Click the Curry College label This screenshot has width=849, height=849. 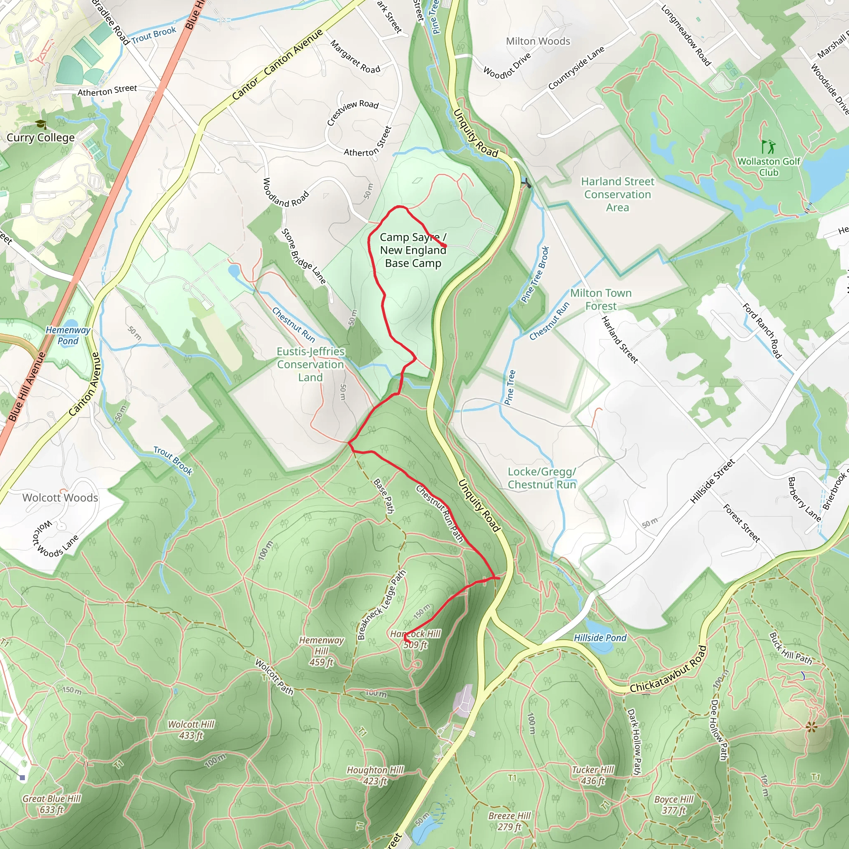click(x=41, y=138)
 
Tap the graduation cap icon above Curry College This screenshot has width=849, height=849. click(x=41, y=124)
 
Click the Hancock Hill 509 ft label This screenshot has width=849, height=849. click(x=415, y=639)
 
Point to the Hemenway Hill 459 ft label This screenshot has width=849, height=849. click(x=321, y=651)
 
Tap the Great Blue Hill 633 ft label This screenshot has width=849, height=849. click(x=51, y=804)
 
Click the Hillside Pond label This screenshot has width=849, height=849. click(x=600, y=638)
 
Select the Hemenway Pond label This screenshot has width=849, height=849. click(x=68, y=335)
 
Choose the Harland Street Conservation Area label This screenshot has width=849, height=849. click(x=617, y=194)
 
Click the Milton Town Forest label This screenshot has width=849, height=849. click(x=601, y=299)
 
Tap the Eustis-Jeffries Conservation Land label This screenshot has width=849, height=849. click(x=310, y=364)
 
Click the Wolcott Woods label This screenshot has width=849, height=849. click(x=60, y=497)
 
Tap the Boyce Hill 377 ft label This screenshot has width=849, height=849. click(x=674, y=805)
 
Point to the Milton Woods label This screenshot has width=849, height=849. click(x=538, y=41)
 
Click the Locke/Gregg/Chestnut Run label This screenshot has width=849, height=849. click(x=542, y=478)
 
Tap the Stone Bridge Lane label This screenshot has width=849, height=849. click(x=303, y=256)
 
